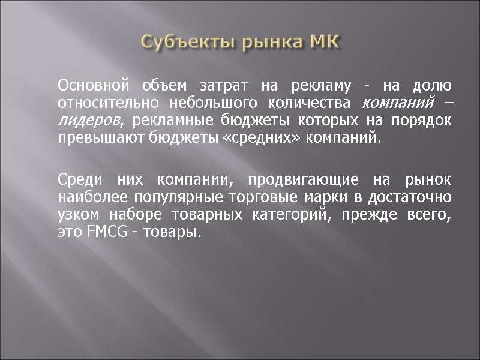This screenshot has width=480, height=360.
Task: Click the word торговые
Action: [265, 196]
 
